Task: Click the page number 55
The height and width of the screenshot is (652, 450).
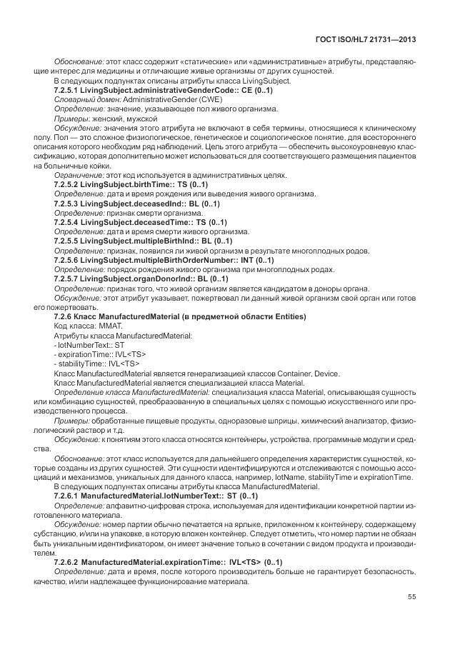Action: [412, 597]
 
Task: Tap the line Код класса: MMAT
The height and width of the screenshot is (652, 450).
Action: [84, 325]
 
